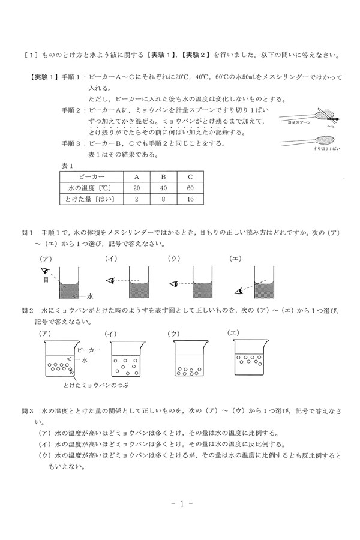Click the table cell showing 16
[x=190, y=199]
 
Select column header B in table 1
[x=163, y=176]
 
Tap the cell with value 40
[x=163, y=187]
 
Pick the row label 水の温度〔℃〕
[x=91, y=187]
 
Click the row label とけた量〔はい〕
[x=91, y=199]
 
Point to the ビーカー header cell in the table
[x=91, y=176]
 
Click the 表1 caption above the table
[x=67, y=164]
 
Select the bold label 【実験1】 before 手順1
[x=42, y=77]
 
